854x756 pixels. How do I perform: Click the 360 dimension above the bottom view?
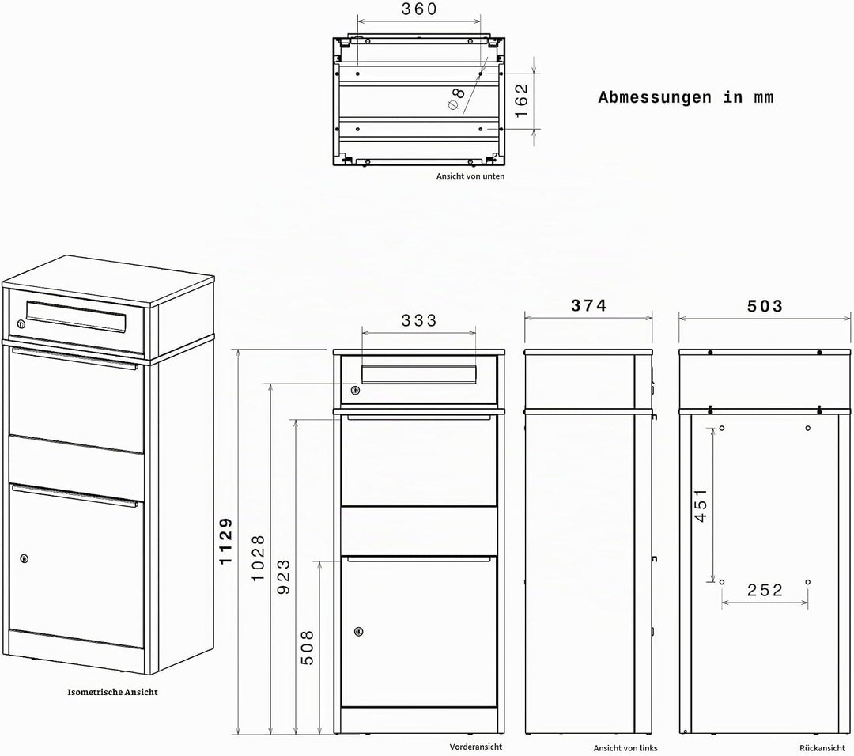tap(419, 9)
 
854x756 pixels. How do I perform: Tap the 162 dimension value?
tap(521, 100)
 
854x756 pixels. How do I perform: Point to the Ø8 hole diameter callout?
tap(456, 97)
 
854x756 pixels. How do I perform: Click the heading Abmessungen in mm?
tap(686, 97)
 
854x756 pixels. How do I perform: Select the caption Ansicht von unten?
tap(470, 176)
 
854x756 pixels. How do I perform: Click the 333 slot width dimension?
tap(419, 320)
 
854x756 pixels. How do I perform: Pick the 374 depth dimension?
tap(589, 305)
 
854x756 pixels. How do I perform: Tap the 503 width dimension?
tap(765, 306)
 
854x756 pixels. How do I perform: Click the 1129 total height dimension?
tap(225, 541)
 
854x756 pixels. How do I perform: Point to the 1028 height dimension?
tap(258, 558)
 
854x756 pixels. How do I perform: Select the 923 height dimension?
tap(283, 576)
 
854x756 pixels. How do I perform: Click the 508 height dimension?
tap(307, 648)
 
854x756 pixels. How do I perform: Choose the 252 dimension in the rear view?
tap(765, 590)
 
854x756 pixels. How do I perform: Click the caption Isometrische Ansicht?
tap(113, 692)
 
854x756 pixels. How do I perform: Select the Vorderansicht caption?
tap(476, 747)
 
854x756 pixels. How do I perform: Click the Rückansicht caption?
tap(822, 748)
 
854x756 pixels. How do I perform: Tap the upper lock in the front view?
tap(355, 390)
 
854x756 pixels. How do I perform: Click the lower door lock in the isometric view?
tap(24, 558)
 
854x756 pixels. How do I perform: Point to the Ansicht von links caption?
tap(625, 748)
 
